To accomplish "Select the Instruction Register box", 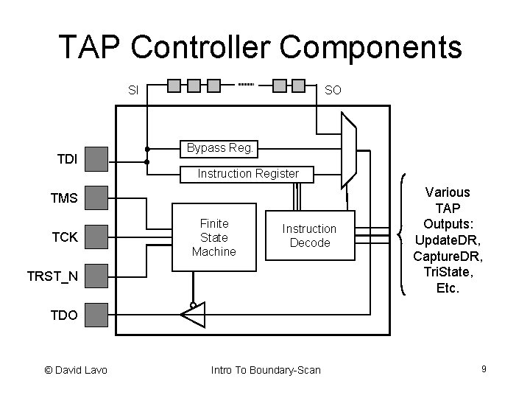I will (248, 174).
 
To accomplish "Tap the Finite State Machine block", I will (213, 237).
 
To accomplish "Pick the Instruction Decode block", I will (310, 236).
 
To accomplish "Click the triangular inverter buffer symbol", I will (192, 315).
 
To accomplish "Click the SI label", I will (133, 91).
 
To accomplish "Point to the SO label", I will (333, 91).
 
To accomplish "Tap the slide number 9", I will (484, 368).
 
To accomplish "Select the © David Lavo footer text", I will (76, 369).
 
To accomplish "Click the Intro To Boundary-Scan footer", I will (266, 369).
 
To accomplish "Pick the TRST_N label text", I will (52, 276).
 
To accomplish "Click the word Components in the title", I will (371, 47).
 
